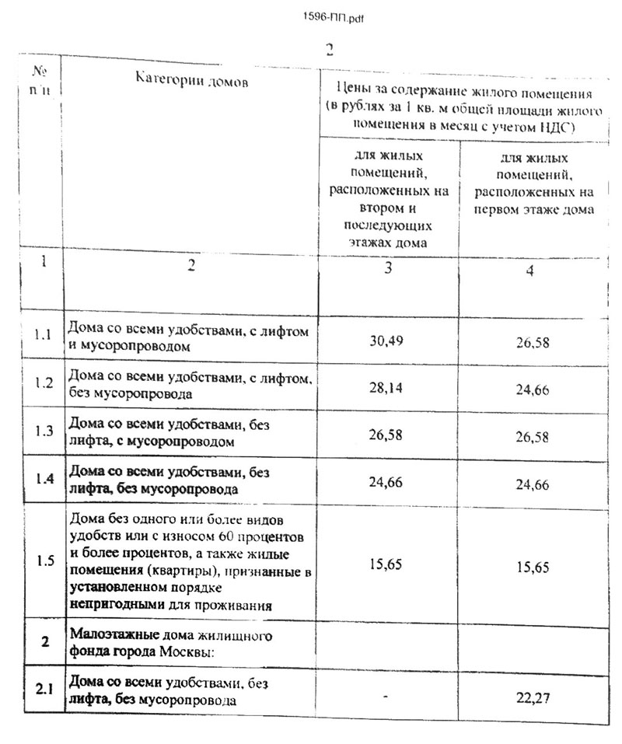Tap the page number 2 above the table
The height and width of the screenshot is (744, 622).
330,48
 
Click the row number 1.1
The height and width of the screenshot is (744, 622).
42,336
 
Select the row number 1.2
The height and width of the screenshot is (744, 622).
43,383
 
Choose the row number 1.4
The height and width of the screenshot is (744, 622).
44,479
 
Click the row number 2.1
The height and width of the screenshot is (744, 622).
45,690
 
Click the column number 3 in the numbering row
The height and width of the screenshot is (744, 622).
386,268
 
